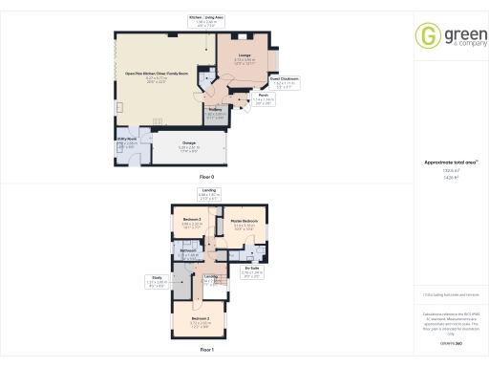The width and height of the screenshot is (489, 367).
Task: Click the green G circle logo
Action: [425, 35]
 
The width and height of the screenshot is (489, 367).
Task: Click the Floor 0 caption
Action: [206, 179]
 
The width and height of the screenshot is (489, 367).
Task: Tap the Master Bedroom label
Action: [246, 225]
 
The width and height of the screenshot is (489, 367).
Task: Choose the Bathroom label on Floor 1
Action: [190, 254]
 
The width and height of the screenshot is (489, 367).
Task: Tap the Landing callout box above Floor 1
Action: [209, 195]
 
